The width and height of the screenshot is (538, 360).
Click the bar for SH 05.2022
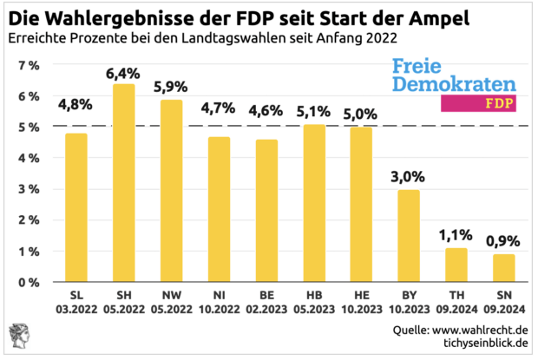[124, 183]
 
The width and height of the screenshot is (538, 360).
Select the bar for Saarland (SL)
[77, 208]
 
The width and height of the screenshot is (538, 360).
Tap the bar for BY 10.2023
[409, 236]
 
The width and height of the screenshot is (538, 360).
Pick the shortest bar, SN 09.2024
[503, 268]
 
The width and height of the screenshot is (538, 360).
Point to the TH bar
[456, 265]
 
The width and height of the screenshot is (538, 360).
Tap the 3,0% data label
[409, 177]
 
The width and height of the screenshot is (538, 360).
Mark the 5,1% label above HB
[314, 112]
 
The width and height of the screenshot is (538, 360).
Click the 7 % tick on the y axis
[27, 65]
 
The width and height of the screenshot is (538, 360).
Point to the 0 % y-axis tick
[27, 282]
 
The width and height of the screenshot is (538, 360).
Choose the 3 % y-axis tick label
[27, 189]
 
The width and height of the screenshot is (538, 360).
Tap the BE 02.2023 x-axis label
[266, 300]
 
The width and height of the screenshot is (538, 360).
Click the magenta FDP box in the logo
[479, 103]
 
